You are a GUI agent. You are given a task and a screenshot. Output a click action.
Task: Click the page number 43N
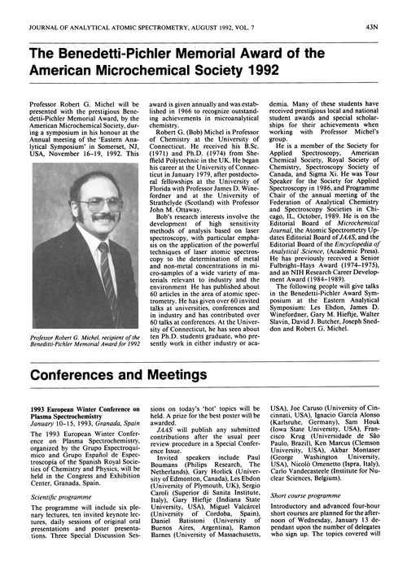tap(389, 9)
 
